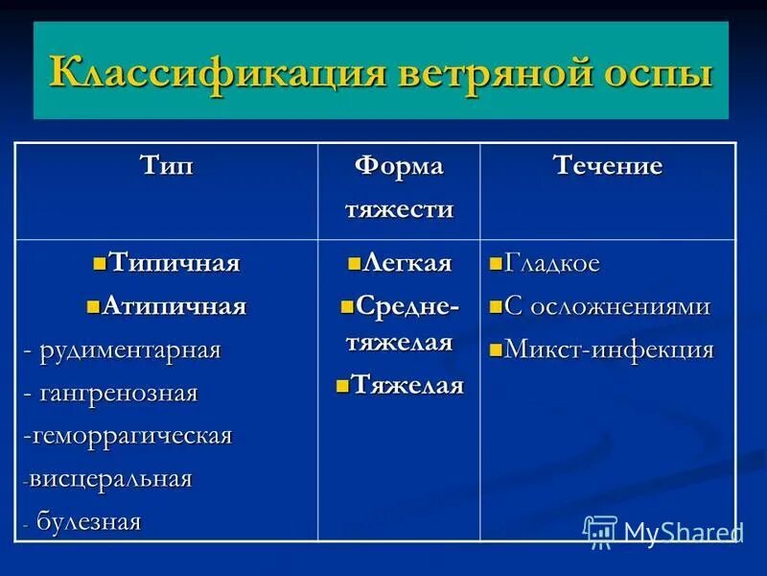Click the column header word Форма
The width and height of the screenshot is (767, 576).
[399, 165]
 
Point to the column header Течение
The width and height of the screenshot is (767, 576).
[608, 165]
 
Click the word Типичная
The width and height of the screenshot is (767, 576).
[174, 263]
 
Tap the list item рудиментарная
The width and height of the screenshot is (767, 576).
[130, 350]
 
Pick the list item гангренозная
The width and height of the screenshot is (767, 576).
[119, 394]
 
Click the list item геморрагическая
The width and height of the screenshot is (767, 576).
[131, 436]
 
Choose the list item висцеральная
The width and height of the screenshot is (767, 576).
[110, 479]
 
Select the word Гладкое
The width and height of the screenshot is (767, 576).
[552, 263]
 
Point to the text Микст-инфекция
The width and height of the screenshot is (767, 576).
[609, 349]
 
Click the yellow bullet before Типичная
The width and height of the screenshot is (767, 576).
[99, 263]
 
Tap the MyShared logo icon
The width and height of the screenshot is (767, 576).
[600, 531]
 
